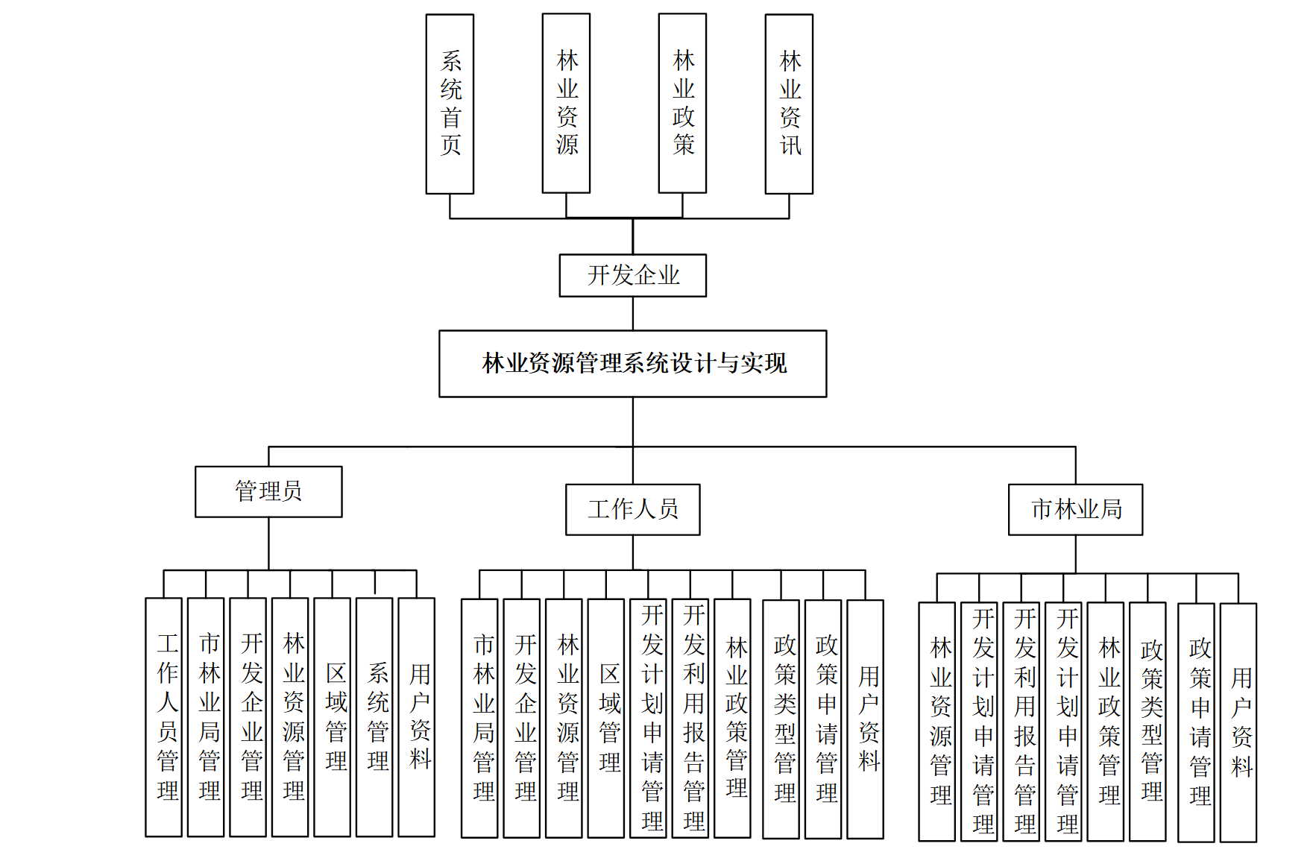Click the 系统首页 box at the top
point(450,104)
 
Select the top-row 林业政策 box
point(682,103)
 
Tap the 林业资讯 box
point(789,104)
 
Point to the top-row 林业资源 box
point(566,103)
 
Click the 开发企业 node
point(632,275)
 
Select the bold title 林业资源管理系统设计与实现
point(632,363)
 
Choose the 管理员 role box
point(268,491)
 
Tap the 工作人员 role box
point(632,509)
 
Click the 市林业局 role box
point(1075,509)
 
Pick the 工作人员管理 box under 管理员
point(164,716)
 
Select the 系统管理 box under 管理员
point(374,716)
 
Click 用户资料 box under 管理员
point(416,716)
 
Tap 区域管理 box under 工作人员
point(605,718)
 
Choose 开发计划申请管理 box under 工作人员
point(648,718)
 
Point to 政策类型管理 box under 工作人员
point(781,719)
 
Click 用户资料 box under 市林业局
point(1238,722)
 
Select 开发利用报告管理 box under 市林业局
point(1021,721)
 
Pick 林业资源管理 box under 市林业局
point(937,721)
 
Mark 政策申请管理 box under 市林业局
point(1196,722)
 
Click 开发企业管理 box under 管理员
point(248,716)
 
